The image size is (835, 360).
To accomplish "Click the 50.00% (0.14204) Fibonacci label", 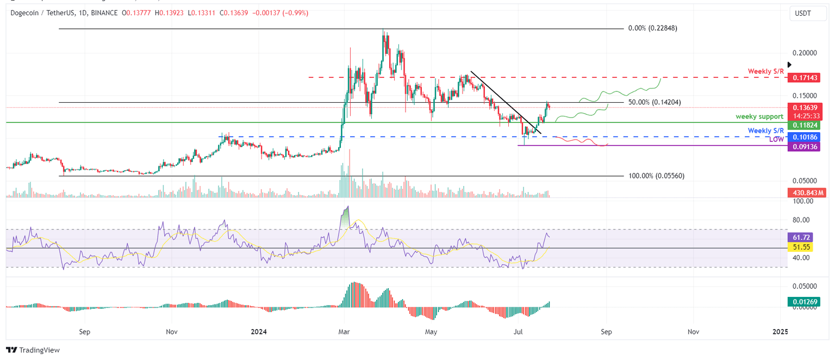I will (655, 102).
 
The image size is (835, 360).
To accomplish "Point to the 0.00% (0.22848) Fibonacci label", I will (653, 28).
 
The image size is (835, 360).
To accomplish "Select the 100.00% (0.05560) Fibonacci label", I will (656, 176).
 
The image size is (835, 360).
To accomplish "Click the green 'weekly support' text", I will (759, 116).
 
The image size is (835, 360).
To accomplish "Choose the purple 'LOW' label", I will (776, 140).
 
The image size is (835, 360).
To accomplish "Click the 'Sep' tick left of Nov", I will (84, 331).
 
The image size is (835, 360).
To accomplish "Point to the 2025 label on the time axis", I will (780, 331).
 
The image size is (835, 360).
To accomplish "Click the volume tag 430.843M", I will (806, 193).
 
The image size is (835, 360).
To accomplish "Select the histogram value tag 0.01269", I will (803, 301).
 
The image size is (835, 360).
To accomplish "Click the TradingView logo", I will (33, 350).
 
